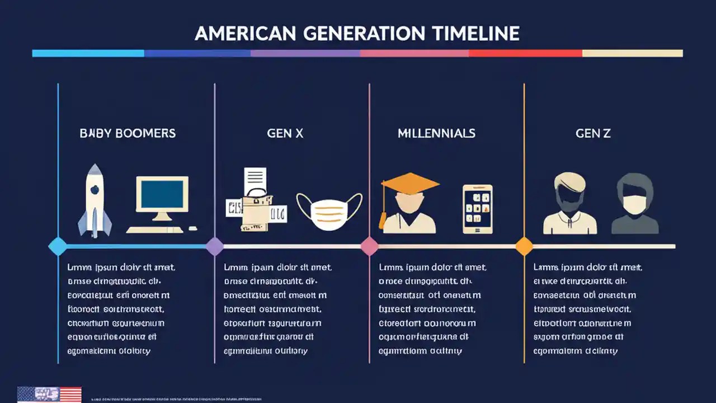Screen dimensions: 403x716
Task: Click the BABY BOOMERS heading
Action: (128, 133)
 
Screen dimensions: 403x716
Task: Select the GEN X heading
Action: (285, 133)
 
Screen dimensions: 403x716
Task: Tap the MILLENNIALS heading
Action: (436, 133)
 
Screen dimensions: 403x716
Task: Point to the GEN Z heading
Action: (593, 133)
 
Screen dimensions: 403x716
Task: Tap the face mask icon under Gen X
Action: (329, 211)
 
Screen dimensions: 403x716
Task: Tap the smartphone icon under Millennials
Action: (478, 209)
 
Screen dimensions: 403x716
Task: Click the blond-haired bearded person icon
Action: (569, 203)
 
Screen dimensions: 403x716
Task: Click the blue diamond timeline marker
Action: (58, 246)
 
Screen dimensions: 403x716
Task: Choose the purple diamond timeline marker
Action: (215, 246)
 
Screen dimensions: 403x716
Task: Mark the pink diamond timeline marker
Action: (369, 246)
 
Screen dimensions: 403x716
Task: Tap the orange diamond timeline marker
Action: (524, 246)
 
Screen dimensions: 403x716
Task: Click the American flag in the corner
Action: (49, 394)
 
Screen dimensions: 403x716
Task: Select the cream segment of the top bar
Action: (632, 53)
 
